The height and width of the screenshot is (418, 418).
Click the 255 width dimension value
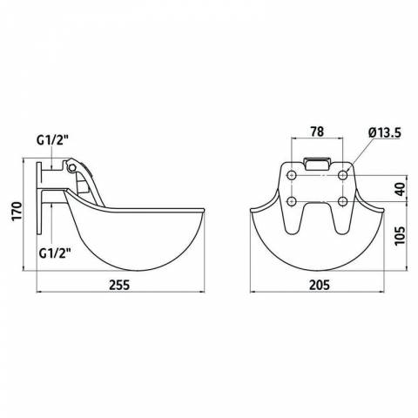tap(119, 285)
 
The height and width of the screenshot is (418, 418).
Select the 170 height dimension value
tap(17, 211)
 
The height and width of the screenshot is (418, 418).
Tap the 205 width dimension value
tap(320, 285)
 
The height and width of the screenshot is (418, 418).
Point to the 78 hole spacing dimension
tap(317, 131)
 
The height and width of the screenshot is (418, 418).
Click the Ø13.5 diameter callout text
tap(385, 133)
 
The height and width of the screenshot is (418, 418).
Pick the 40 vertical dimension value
tap(400, 189)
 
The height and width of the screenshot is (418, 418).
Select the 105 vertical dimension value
tap(400, 235)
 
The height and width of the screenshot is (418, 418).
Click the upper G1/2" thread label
tap(52, 141)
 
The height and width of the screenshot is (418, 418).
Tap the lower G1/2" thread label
tap(55, 253)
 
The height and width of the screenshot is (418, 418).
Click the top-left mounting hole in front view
tap(292, 175)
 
